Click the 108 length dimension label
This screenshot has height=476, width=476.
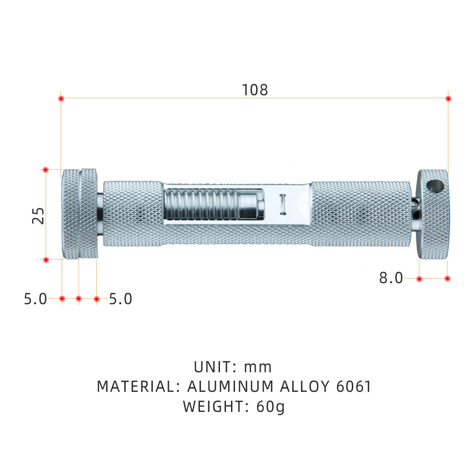pyautogui.click(x=255, y=90)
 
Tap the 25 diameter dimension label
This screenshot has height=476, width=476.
pyautogui.click(x=38, y=216)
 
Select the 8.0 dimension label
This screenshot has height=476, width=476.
pyautogui.click(x=391, y=278)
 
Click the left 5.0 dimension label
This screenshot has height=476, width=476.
pyautogui.click(x=36, y=299)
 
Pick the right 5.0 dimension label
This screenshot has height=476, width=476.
pyautogui.click(x=121, y=299)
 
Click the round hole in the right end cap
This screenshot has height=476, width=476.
pyautogui.click(x=435, y=186)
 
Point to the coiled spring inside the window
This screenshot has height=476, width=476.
pyautogui.click(x=200, y=204)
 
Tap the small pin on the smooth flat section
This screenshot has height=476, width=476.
pyautogui.click(x=283, y=204)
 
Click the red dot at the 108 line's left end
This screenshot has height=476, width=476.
pyautogui.click(x=61, y=98)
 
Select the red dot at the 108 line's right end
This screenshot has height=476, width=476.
pyautogui.click(x=448, y=98)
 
